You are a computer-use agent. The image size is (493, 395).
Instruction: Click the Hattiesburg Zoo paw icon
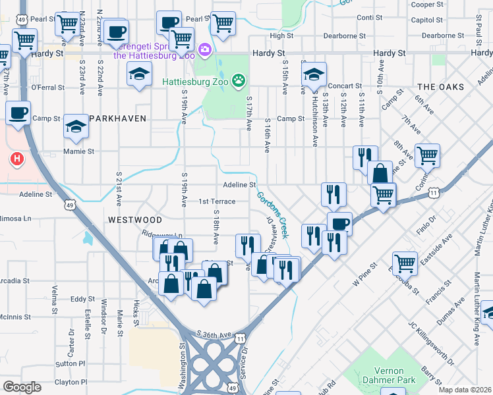coord(239,82)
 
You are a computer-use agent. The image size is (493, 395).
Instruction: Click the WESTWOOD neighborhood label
coord(135,219)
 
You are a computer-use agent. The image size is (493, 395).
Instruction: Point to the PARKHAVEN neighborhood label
coord(117,118)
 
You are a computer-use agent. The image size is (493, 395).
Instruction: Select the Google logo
coord(22,386)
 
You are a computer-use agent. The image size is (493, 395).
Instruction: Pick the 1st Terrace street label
coord(217,201)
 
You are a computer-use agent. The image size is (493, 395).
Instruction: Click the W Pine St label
coord(363,273)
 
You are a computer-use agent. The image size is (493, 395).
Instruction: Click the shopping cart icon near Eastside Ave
coord(405,263)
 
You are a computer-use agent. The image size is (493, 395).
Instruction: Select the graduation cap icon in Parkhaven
coord(76,127)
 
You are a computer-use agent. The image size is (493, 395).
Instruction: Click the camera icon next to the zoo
coord(204,49)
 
